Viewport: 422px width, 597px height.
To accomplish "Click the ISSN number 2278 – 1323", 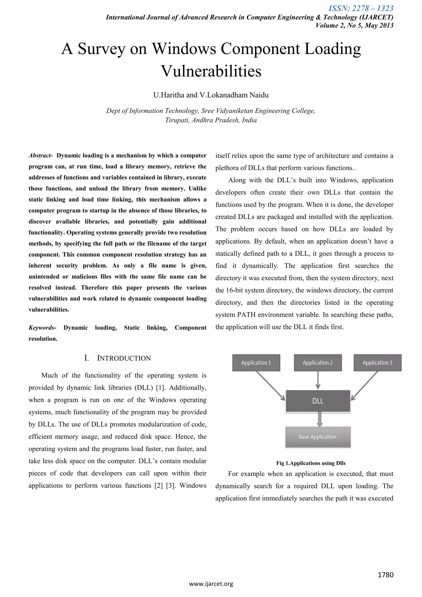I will click(361, 9).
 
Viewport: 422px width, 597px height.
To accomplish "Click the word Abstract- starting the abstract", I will click(41, 155).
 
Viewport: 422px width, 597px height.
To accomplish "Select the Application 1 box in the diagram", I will click(256, 363).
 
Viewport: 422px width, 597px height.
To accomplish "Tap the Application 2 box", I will click(318, 363).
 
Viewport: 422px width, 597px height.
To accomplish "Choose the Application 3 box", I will click(377, 363).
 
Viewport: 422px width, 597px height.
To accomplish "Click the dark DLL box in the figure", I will click(318, 401).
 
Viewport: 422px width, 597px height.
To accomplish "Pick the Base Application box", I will click(318, 437).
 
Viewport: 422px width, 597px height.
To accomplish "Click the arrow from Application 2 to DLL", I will click(318, 380).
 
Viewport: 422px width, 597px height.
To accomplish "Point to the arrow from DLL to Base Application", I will click(320, 419).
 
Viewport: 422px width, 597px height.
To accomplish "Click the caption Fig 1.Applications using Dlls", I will click(311, 463).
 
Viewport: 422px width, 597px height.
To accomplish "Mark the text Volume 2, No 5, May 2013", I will click(354, 26).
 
